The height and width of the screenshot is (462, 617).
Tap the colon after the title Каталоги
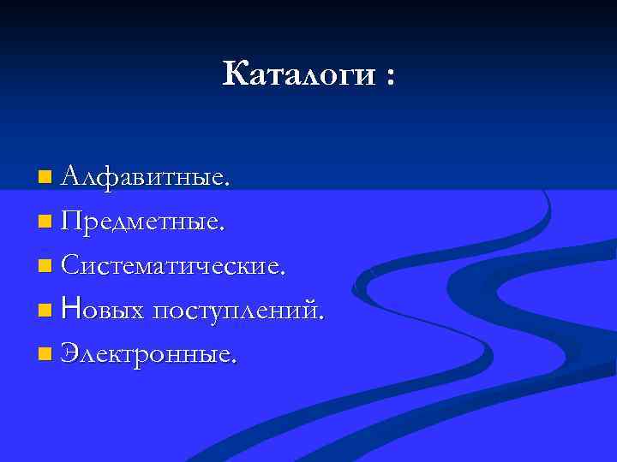tap(391, 78)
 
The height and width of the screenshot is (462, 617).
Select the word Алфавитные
tap(146, 178)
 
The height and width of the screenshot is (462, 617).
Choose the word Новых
tap(105, 310)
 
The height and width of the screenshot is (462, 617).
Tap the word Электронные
tap(148, 352)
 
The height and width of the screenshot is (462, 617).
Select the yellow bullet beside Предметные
tap(45, 222)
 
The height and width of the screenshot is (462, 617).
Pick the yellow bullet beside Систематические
tap(45, 266)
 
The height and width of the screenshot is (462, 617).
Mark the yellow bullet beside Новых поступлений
tap(45, 310)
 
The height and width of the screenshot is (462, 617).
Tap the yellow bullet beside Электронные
tap(45, 353)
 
